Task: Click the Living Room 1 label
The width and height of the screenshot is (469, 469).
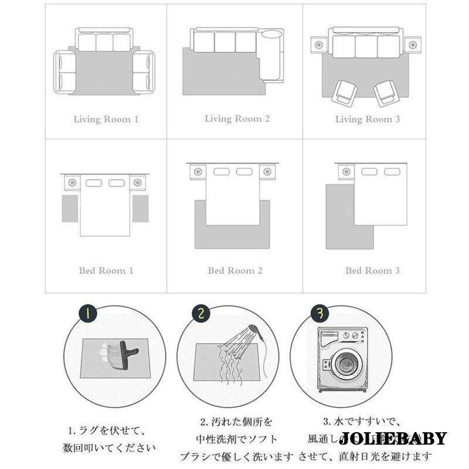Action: tap(106, 119)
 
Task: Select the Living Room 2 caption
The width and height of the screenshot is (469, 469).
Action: tap(237, 118)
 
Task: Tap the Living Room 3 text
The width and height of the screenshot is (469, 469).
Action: tap(368, 119)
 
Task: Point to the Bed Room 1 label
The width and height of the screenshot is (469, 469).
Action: tap(106, 271)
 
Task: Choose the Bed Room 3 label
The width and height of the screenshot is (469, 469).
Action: tap(372, 271)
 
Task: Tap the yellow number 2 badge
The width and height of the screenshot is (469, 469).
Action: tap(202, 314)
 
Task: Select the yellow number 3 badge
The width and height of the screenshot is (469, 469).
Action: tap(319, 313)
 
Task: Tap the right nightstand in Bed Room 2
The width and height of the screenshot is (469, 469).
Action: tap(267, 172)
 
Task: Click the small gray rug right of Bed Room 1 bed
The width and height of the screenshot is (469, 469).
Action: tap(140, 208)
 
